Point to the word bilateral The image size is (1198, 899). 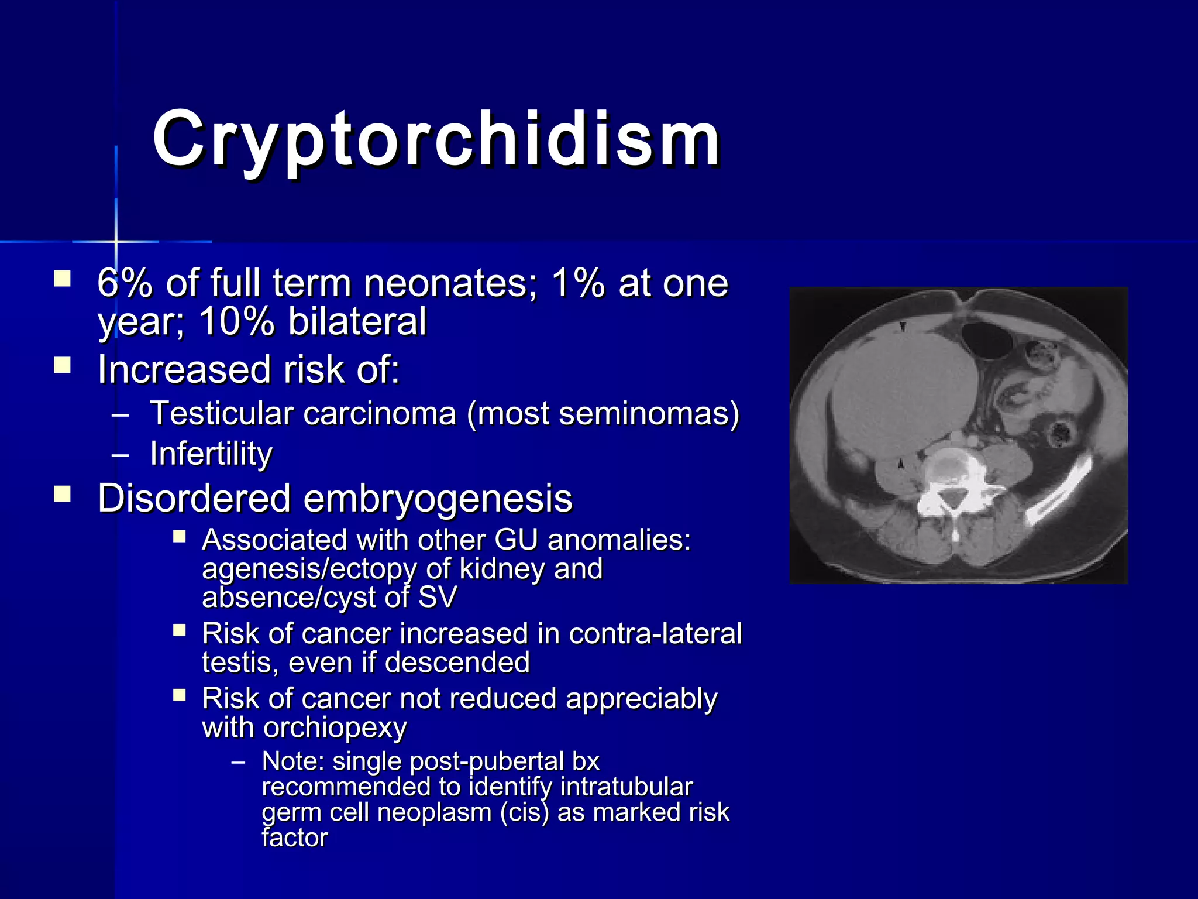[357, 321]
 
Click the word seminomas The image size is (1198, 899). [643, 414]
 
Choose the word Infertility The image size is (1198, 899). [211, 454]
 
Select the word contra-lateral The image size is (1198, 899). [655, 634]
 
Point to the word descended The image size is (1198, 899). [457, 663]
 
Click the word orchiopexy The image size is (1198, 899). [335, 728]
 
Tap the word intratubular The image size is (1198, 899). [626, 787]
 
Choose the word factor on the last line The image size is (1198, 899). [294, 838]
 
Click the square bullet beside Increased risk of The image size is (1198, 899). [62, 366]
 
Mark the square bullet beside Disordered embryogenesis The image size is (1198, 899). [62, 495]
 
